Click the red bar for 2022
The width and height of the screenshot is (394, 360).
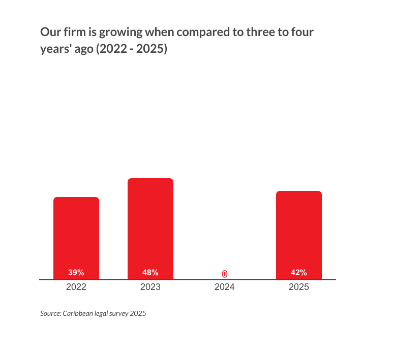[76, 234]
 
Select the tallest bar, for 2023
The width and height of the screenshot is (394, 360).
[150, 223]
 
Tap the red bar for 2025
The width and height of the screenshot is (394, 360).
[299, 231]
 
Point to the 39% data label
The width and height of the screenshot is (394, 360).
[76, 273]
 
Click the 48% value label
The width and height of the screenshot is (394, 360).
[150, 273]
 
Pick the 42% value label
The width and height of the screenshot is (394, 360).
[299, 273]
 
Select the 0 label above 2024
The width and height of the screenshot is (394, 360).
[225, 274]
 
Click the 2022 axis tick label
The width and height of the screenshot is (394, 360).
[76, 287]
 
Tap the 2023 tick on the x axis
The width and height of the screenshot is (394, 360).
[150, 287]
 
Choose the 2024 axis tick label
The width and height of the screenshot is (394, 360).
[225, 287]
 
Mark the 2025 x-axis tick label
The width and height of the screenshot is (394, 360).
[299, 287]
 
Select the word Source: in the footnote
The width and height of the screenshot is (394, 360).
[51, 313]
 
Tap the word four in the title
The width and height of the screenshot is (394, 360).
[302, 33]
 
